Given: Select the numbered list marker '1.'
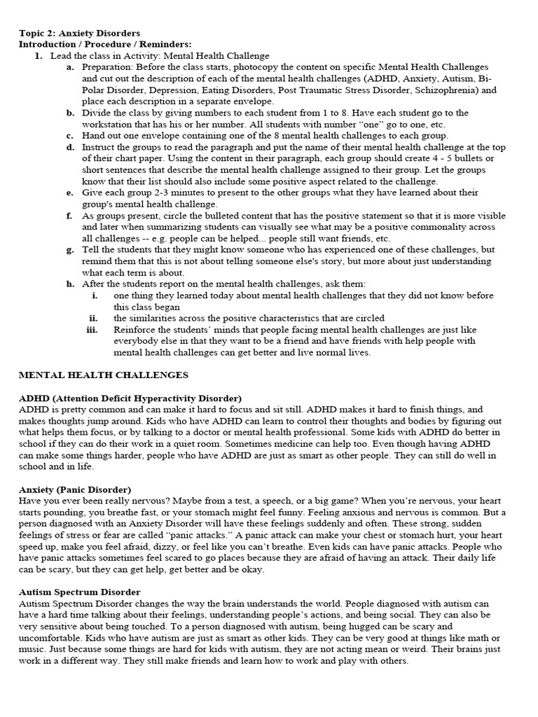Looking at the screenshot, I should click(x=39, y=55).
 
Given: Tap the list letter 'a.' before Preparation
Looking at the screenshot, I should click(x=70, y=67).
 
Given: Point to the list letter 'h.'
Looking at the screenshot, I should click(x=70, y=284).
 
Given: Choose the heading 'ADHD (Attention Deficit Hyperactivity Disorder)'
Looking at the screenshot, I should click(x=130, y=398).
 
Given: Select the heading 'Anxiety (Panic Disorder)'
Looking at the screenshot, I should click(x=75, y=489).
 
